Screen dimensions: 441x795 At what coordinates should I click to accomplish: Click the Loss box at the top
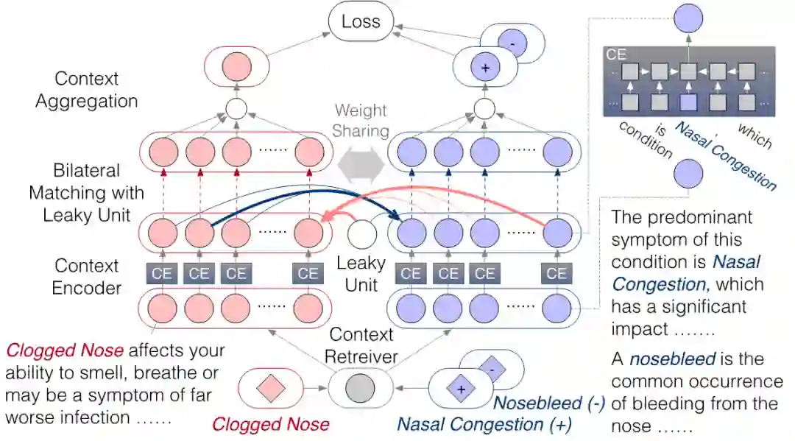point(361,21)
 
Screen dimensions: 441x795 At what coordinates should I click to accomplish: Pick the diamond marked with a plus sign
point(461,388)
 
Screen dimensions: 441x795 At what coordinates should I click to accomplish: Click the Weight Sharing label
point(361,121)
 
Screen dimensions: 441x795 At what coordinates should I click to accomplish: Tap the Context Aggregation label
point(86,90)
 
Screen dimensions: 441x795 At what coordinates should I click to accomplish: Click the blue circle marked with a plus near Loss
point(485,67)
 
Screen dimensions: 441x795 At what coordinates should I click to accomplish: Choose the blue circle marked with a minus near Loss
point(512,44)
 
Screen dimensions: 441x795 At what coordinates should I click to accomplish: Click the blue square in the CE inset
point(688,102)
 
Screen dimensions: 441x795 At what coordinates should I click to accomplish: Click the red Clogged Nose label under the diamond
point(270,424)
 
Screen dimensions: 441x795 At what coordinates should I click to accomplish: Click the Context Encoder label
point(87,276)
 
